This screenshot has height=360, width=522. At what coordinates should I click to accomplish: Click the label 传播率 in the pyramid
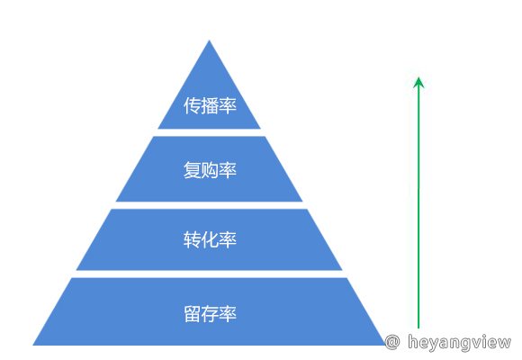(210, 105)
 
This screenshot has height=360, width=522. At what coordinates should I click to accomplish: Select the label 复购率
(210, 170)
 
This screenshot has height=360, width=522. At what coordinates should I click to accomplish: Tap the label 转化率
(210, 239)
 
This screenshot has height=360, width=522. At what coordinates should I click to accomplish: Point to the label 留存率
(210, 314)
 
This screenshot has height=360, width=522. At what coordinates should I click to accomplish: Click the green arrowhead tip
(418, 77)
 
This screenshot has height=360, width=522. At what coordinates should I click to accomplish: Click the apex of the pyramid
(209, 40)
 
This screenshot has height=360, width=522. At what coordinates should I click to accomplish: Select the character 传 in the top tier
(192, 105)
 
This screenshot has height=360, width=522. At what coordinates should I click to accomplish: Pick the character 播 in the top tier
(210, 105)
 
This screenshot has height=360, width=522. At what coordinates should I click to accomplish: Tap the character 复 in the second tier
(192, 170)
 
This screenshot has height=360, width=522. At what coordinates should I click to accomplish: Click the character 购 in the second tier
(210, 170)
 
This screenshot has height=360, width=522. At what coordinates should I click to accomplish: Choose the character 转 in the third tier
(192, 239)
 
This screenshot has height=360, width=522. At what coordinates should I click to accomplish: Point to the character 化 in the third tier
(210, 239)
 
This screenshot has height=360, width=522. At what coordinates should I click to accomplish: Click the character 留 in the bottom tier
(192, 314)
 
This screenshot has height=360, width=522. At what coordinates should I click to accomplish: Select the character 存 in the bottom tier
(210, 314)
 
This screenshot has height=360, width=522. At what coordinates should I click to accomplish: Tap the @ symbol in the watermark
(392, 342)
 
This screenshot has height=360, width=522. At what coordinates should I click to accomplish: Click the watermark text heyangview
(459, 343)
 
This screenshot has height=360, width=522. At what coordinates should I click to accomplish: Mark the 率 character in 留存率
(228, 314)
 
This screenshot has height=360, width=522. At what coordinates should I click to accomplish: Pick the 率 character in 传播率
(228, 105)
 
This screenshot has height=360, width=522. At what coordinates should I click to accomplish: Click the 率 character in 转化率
(228, 239)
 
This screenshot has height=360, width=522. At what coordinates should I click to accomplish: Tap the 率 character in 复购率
(228, 170)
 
